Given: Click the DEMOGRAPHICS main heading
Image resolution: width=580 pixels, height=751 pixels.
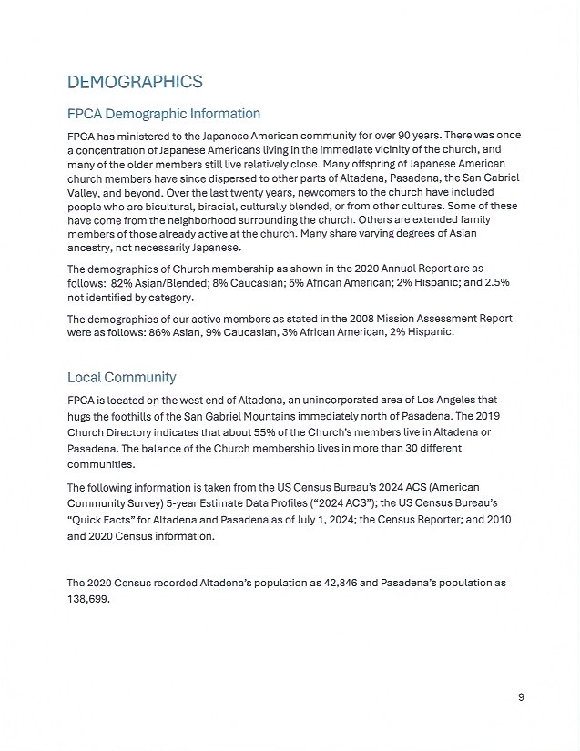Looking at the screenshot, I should (135, 83).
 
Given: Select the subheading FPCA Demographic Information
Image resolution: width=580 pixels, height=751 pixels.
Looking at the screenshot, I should (164, 114).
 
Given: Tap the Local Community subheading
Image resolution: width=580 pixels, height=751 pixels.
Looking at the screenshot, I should (121, 377).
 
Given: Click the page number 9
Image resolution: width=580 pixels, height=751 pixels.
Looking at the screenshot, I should (521, 697).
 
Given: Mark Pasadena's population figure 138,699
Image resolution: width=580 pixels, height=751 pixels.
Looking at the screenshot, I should (88, 597).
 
